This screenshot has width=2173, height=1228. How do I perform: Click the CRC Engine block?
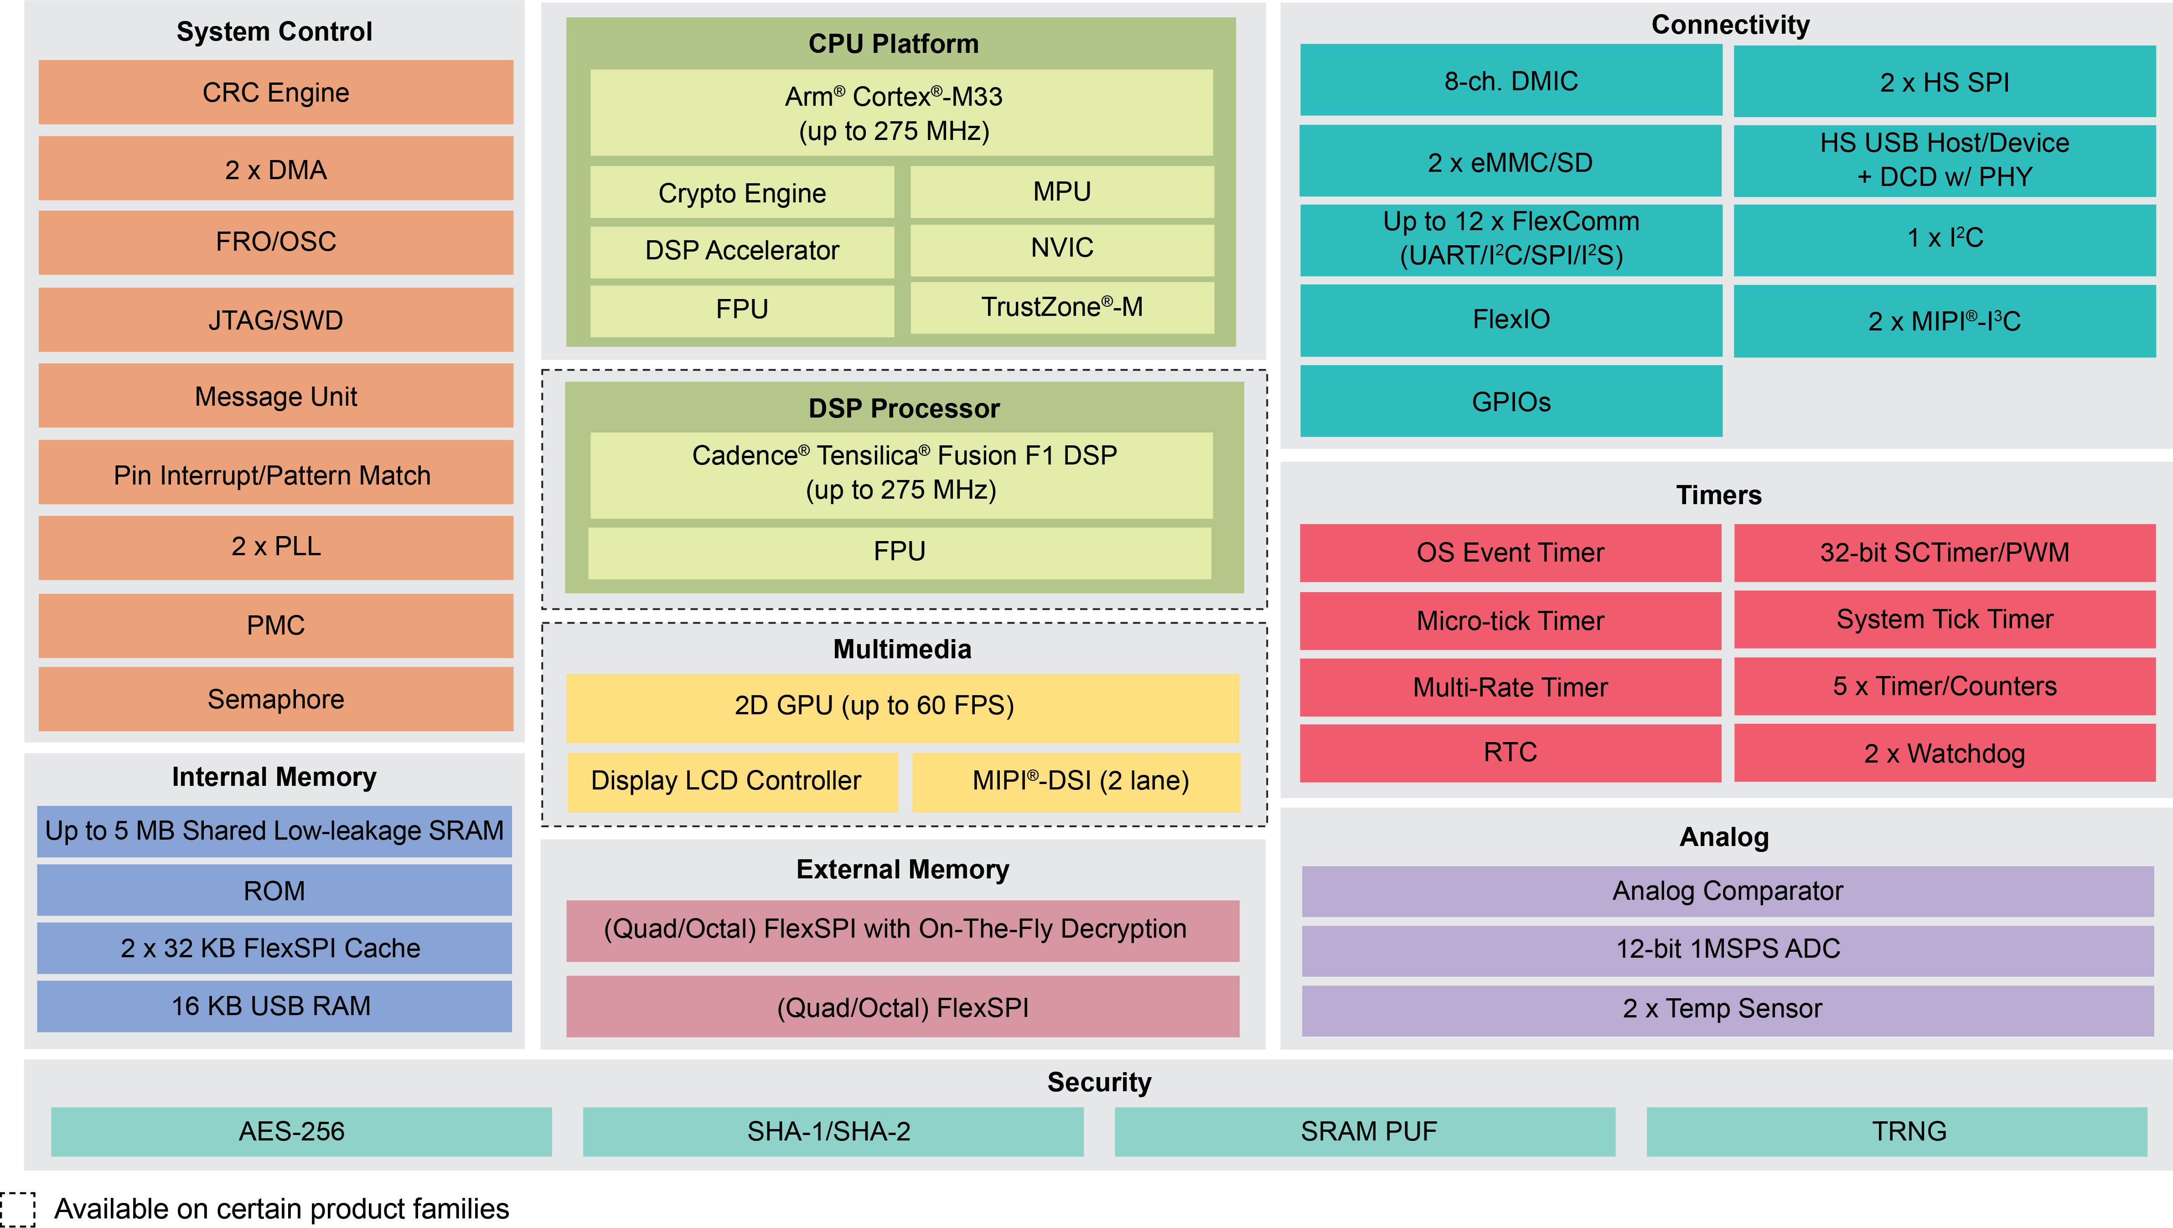276,92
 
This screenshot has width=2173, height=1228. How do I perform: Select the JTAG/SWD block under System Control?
276,320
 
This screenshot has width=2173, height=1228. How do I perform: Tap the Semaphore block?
276,699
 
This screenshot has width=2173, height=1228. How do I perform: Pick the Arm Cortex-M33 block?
901,113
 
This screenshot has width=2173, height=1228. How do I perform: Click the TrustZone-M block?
1062,307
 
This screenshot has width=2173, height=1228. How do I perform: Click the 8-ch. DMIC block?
1511,81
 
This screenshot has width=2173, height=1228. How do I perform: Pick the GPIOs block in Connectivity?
1511,402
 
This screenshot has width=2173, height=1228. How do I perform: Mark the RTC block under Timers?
1510,752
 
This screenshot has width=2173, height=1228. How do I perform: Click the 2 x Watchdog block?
1945,753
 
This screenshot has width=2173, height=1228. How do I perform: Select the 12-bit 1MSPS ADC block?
1728,949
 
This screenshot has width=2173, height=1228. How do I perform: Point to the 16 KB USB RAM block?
274,1006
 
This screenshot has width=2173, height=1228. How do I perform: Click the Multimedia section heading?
903,650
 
